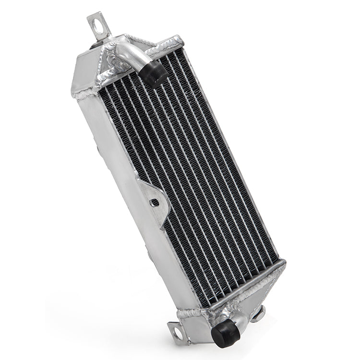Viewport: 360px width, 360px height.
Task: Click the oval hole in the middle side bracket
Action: tap(155, 203)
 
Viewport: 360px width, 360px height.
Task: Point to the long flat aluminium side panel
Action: tap(130, 192)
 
